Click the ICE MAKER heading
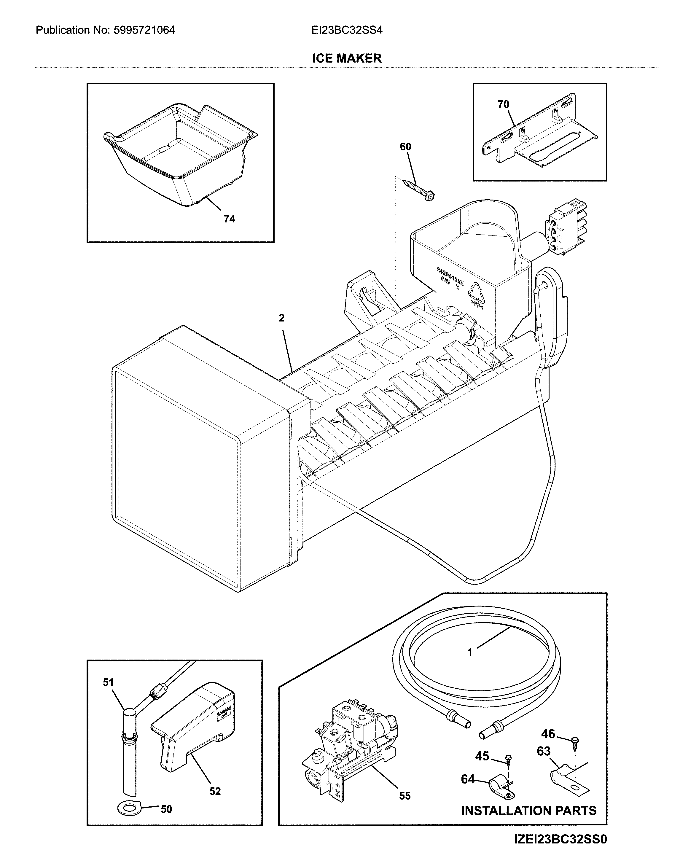[x=346, y=58]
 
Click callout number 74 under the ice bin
[x=229, y=219]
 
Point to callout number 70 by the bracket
[x=503, y=104]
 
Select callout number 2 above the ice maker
[x=281, y=318]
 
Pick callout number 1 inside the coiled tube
[x=470, y=652]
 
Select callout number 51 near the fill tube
[x=108, y=682]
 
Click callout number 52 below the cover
[x=215, y=792]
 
